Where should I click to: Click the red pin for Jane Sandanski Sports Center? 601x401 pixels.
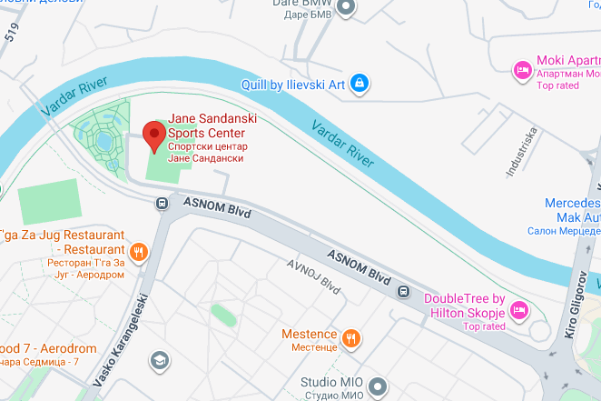[x=154, y=137]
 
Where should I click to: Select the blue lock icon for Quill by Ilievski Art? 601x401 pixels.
[x=360, y=84]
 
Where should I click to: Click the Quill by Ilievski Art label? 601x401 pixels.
[x=293, y=85]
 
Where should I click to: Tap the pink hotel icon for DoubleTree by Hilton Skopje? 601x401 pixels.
[x=520, y=310]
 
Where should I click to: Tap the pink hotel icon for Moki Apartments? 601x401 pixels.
[x=522, y=69]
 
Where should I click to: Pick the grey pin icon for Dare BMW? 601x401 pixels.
[x=345, y=8]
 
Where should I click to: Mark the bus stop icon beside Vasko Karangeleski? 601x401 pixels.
[x=162, y=205]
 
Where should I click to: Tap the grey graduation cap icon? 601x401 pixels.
[x=160, y=360]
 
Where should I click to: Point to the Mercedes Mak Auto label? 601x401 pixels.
[x=572, y=211]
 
